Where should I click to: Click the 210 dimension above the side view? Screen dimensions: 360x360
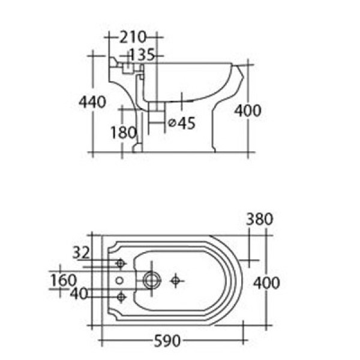[x=133, y=37]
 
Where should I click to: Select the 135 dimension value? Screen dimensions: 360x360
[x=142, y=55]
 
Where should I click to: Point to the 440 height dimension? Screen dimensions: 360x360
[x=92, y=102]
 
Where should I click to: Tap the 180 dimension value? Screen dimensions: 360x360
[x=124, y=133]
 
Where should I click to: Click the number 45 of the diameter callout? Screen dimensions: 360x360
[x=187, y=123]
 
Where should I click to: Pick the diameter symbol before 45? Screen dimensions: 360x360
[x=172, y=123]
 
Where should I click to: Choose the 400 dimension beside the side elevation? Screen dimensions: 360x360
[x=247, y=110]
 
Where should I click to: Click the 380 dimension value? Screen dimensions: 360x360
[x=259, y=220]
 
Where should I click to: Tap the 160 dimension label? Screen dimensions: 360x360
[x=63, y=280]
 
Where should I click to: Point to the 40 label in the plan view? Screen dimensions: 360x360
[x=80, y=293]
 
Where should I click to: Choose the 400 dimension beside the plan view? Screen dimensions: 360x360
[x=266, y=282]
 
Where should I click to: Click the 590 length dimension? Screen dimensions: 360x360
[x=166, y=341]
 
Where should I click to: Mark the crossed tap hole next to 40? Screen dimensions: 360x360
[x=121, y=296]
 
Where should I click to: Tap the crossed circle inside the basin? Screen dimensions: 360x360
[x=175, y=279]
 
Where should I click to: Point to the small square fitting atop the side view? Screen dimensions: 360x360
[x=127, y=69]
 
